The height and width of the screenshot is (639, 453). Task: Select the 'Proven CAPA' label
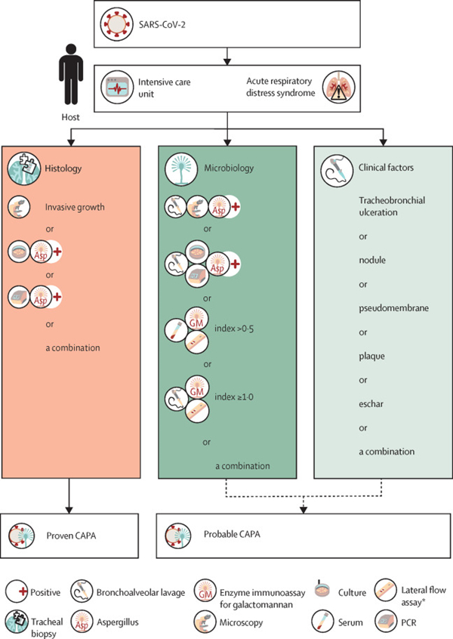[82, 537]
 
